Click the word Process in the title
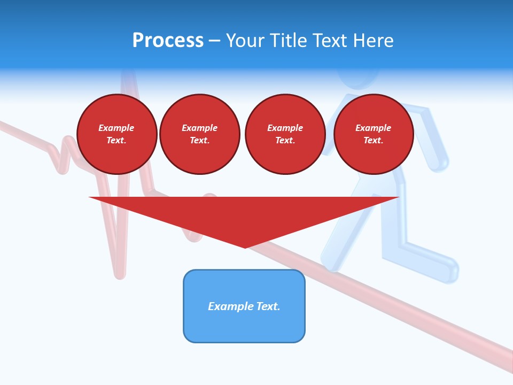168,41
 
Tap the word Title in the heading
288,41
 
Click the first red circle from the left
116,134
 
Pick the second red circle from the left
200,134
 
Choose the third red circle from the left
285,134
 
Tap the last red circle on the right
373,134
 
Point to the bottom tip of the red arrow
245,247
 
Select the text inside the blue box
244,306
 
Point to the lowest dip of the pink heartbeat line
120,274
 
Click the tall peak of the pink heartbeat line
128,75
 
